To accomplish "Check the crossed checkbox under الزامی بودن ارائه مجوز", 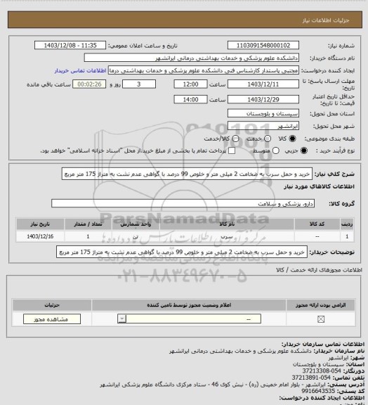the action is pos(321,319).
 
